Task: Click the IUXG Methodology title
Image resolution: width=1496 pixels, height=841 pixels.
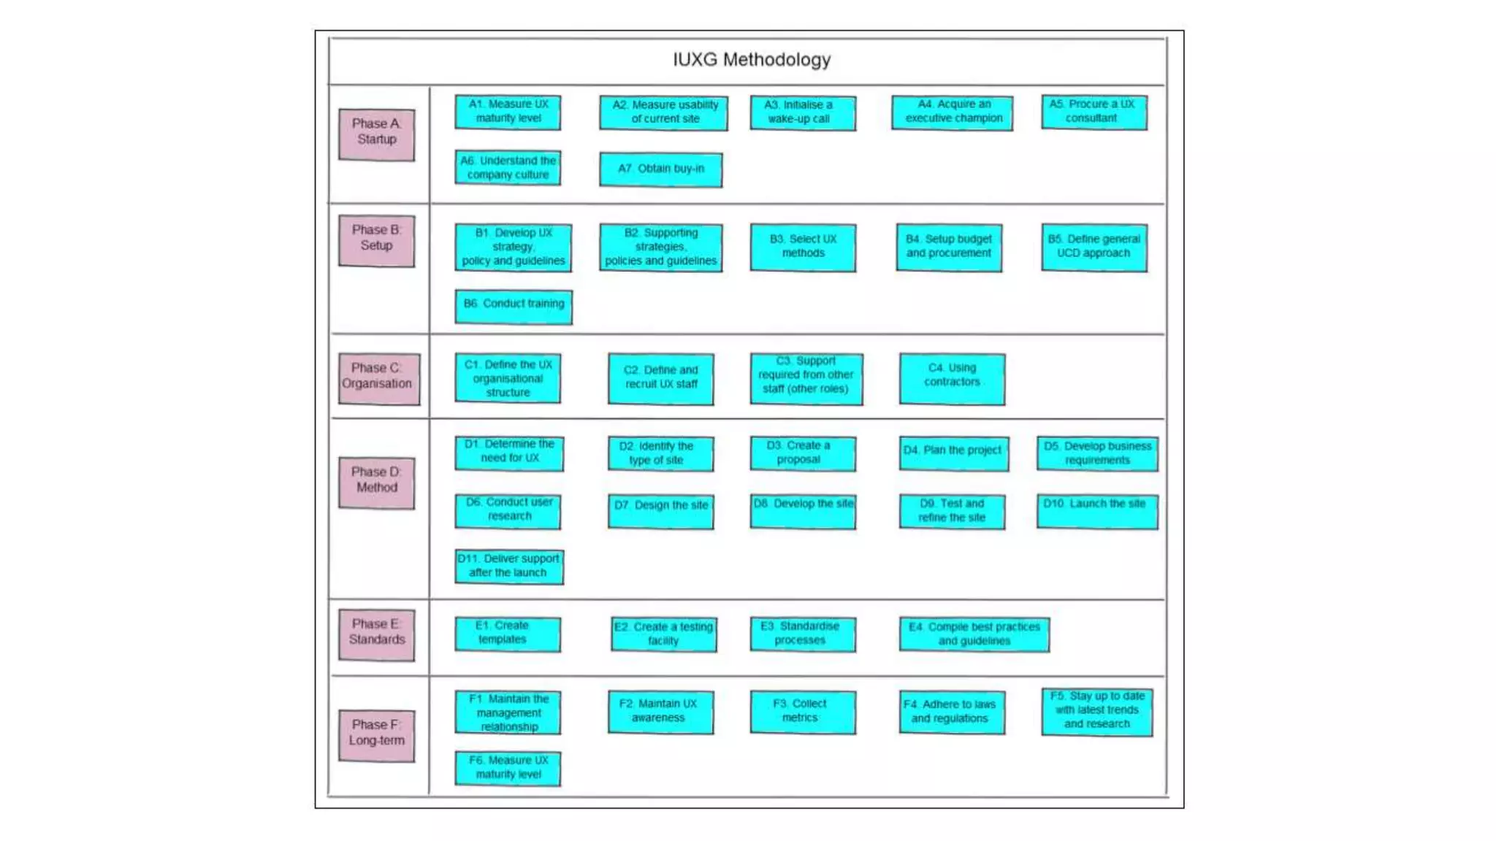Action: point(751,60)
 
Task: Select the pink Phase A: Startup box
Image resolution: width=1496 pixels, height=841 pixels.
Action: point(376,134)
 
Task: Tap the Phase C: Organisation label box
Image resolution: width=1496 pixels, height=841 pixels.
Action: point(378,378)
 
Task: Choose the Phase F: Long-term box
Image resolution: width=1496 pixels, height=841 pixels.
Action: point(376,735)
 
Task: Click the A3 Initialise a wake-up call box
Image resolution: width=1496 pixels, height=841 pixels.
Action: point(802,113)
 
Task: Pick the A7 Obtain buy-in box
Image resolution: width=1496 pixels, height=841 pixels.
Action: point(660,169)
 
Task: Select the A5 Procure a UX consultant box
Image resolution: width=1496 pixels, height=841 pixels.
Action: point(1094,112)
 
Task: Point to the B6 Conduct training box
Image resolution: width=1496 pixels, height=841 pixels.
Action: point(513,306)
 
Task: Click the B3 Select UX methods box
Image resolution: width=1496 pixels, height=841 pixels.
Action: point(802,247)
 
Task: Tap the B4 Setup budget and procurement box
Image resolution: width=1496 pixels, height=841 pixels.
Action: point(948,247)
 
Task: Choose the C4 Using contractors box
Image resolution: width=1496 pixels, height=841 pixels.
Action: point(951,378)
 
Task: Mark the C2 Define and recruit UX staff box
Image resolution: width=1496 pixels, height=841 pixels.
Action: point(660,378)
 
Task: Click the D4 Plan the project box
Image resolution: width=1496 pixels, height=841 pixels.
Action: point(953,453)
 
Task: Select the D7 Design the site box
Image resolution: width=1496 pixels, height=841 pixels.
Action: point(660,510)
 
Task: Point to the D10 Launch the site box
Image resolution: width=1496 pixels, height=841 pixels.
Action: point(1096,510)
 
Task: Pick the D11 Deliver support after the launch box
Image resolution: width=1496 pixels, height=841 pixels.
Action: point(508,567)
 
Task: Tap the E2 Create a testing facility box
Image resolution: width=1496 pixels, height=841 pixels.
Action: point(663,634)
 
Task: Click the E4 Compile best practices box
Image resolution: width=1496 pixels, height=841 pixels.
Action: point(974,634)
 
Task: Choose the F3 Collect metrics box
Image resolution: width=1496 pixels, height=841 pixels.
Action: point(802,712)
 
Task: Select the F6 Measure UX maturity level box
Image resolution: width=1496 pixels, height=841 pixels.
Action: point(508,768)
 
